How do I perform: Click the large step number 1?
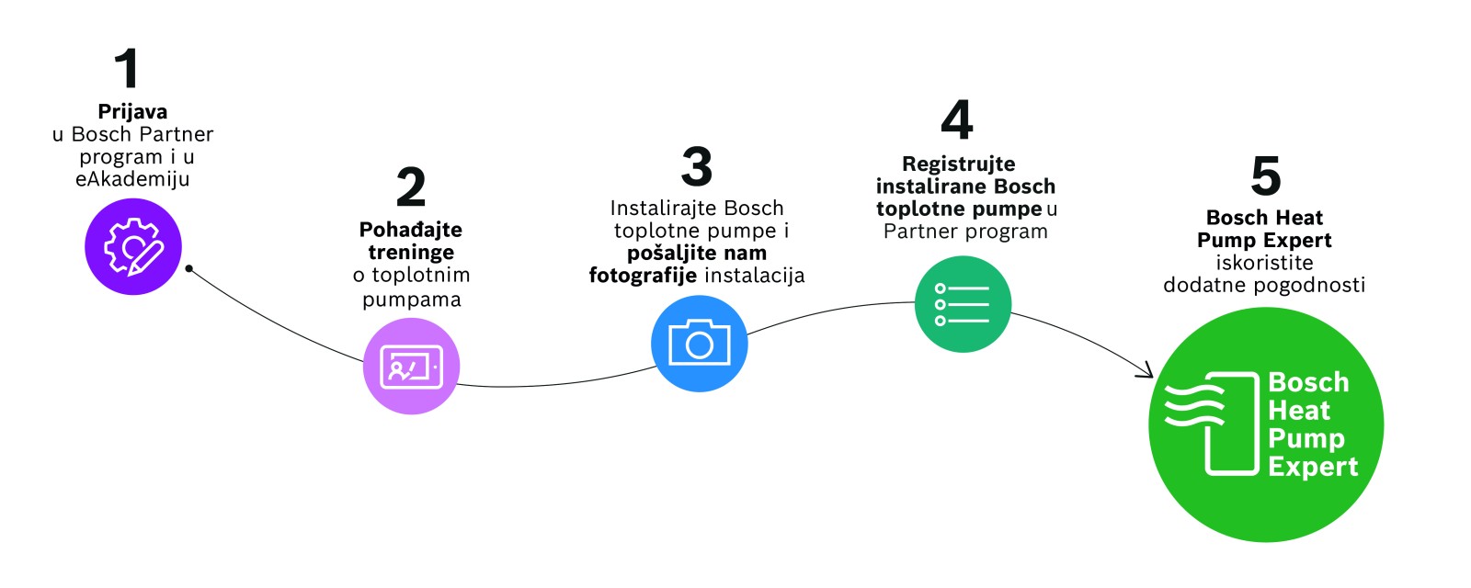[x=127, y=69]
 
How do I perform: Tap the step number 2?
[x=411, y=187]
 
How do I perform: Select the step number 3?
[x=697, y=166]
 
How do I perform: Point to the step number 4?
[x=957, y=120]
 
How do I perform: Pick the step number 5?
[x=1266, y=175]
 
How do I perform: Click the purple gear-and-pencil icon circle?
[x=133, y=246]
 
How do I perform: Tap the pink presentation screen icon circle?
[x=411, y=366]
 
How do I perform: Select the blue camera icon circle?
[x=699, y=344]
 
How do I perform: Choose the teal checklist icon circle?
[x=963, y=304]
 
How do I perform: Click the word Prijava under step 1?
[x=132, y=112]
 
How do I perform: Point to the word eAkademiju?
[x=132, y=179]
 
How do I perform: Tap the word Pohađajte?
[x=411, y=230]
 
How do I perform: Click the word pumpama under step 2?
[x=411, y=300]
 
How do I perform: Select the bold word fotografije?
[x=643, y=276]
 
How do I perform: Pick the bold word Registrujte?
[x=959, y=164]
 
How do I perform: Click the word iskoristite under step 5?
[x=1264, y=263]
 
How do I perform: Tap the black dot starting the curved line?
[x=188, y=268]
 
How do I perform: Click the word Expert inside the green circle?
[x=1312, y=467]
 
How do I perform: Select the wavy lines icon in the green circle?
[x=1194, y=404]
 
